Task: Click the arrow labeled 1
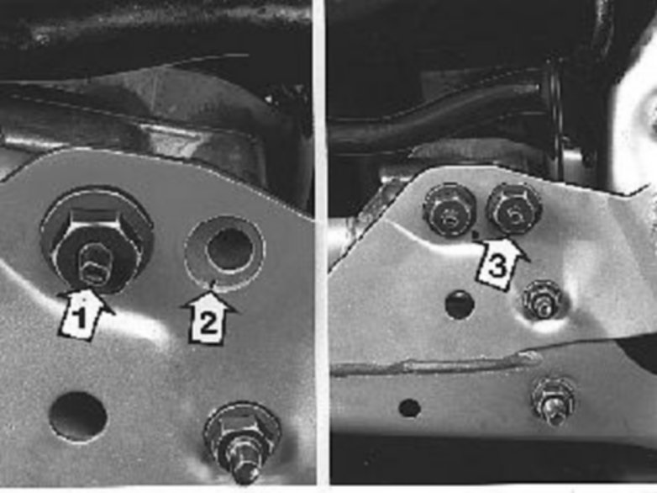click(86, 314)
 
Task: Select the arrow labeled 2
click(208, 318)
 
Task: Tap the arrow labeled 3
click(500, 262)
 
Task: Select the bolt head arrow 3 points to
click(514, 209)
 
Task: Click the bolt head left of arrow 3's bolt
click(450, 209)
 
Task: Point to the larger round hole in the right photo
click(460, 305)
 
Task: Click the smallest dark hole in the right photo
click(409, 408)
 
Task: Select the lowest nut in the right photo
click(553, 402)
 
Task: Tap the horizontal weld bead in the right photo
click(436, 365)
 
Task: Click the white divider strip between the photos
click(322, 243)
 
